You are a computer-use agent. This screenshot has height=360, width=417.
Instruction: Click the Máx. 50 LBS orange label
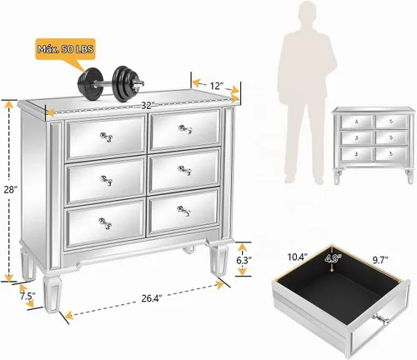[x=66, y=49]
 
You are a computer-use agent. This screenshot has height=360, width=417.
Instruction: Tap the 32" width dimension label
[x=148, y=106]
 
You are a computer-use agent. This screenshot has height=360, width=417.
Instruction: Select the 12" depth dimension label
[x=216, y=86]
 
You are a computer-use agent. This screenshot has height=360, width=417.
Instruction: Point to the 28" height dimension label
[x=11, y=190]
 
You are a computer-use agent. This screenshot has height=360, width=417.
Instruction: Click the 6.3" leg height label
[x=244, y=260]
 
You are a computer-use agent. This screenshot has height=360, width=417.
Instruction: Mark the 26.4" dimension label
[x=152, y=298]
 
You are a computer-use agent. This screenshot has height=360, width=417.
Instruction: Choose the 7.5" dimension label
[x=28, y=296]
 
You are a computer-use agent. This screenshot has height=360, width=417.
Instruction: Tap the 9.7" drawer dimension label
[x=380, y=260]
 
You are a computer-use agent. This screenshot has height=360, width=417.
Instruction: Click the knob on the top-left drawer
[x=106, y=137]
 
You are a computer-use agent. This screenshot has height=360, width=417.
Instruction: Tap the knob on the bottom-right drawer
[x=184, y=211]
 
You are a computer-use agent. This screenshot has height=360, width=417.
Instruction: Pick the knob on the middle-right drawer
[x=184, y=170]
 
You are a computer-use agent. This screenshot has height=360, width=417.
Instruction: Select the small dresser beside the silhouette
[x=374, y=145]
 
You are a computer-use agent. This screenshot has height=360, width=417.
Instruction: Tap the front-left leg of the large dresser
[x=51, y=294]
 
